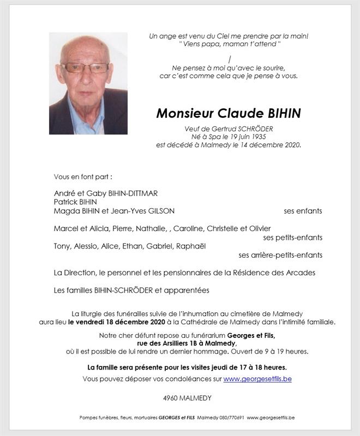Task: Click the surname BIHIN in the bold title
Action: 276,113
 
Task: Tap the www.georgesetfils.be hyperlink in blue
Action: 257,379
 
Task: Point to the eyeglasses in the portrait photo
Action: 85,68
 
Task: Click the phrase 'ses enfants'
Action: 303,211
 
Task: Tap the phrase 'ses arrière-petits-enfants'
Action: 280,255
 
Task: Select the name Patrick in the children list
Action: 66,202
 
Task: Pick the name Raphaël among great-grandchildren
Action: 191,246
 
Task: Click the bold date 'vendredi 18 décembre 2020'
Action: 117,323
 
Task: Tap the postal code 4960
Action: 171,398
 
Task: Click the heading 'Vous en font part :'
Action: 83,177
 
